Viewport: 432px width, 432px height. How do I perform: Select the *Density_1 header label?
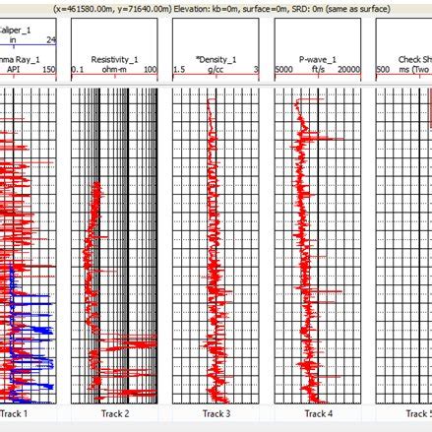pos(215,59)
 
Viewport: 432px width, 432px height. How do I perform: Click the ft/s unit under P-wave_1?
pos(317,71)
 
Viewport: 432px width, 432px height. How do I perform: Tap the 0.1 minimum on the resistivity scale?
pos(80,71)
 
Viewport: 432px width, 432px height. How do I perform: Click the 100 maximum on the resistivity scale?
pos(150,71)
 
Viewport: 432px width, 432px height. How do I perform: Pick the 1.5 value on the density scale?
pos(180,71)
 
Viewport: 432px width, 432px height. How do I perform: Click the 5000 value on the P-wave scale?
pos(284,71)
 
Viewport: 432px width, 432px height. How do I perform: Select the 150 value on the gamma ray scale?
pos(49,71)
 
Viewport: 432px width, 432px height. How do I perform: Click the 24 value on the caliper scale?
pos(51,41)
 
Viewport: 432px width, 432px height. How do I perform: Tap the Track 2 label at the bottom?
pos(114,414)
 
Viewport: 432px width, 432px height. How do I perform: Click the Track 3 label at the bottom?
pos(216,414)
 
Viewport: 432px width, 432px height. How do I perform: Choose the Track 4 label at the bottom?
pos(317,414)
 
